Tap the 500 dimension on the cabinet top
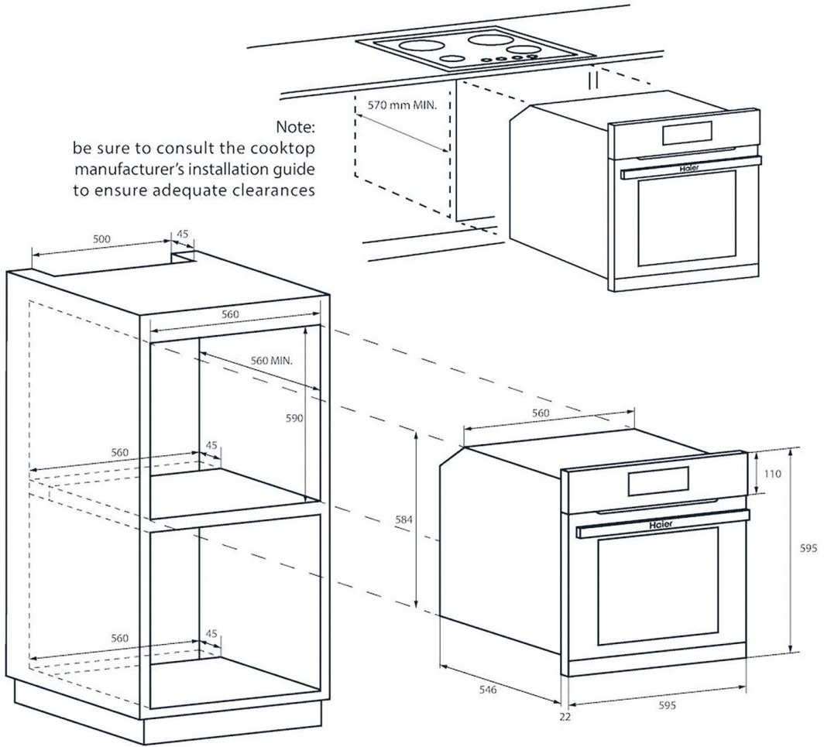[x=101, y=239]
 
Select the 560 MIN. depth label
[x=275, y=361]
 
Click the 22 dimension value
[x=565, y=718]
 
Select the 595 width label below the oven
[x=668, y=705]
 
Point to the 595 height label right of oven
[x=809, y=548]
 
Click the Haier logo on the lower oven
[x=660, y=524]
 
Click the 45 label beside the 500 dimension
[x=183, y=235]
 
